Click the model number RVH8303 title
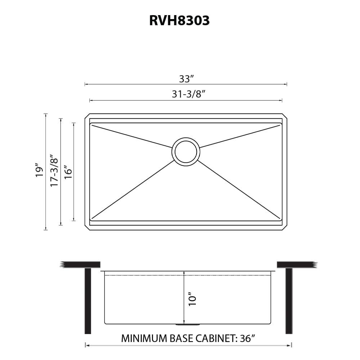pyautogui.click(x=179, y=21)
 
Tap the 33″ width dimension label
pyautogui.click(x=186, y=79)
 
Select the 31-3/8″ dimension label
pyautogui.click(x=188, y=94)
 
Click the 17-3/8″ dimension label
pyautogui.click(x=54, y=171)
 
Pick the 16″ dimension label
pyautogui.click(x=68, y=172)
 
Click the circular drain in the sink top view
pyautogui.click(x=186, y=152)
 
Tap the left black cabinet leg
pyautogui.click(x=88, y=301)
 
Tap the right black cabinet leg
pyautogui.click(x=289, y=301)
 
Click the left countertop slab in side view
pyautogui.click(x=81, y=265)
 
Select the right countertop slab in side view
pyautogui.click(x=296, y=265)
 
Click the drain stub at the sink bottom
pyautogui.click(x=187, y=324)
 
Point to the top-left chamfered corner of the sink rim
pyautogui.click(x=87, y=116)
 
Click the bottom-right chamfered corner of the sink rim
pyautogui.click(x=285, y=228)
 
